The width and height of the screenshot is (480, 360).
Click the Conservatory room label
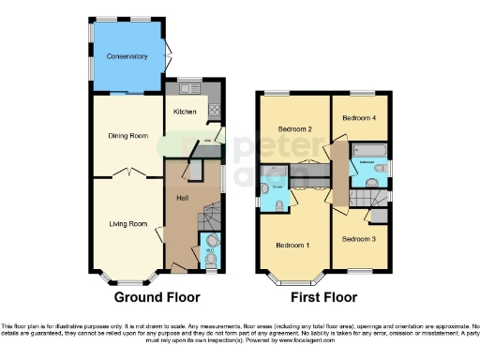pyautogui.click(x=127, y=56)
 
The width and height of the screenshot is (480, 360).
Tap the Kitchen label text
pyautogui.click(x=185, y=112)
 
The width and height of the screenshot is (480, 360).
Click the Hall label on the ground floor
pyautogui.click(x=184, y=199)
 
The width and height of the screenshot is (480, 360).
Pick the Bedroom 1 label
pyautogui.click(x=293, y=245)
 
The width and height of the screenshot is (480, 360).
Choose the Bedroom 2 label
pyautogui.click(x=293, y=127)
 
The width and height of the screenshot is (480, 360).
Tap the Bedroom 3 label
pyautogui.click(x=358, y=239)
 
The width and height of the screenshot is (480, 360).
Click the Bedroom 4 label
pyautogui.click(x=359, y=118)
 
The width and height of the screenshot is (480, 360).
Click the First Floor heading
pyautogui.click(x=322, y=298)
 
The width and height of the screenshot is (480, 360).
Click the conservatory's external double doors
pyautogui.click(x=168, y=57)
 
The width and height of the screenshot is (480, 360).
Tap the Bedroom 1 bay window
pyautogui.click(x=292, y=277)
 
